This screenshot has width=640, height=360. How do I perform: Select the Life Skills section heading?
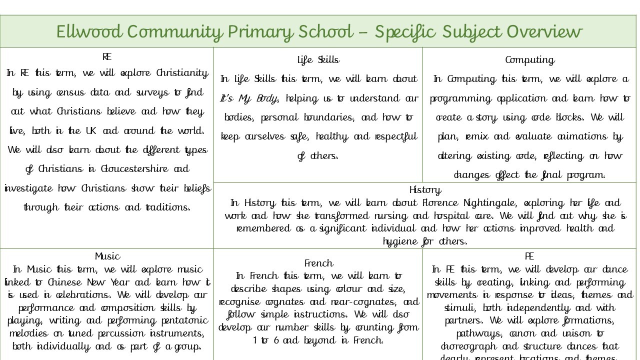tap(318, 60)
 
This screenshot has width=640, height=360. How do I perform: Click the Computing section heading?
tap(529, 60)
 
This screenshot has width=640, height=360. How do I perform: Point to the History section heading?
tap(425, 190)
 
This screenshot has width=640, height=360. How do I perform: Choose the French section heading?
tap(318, 263)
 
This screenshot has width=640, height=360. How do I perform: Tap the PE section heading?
tap(529, 256)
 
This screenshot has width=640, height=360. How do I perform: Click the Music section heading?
tap(107, 256)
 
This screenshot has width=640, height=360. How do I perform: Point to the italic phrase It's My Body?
tap(248, 98)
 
